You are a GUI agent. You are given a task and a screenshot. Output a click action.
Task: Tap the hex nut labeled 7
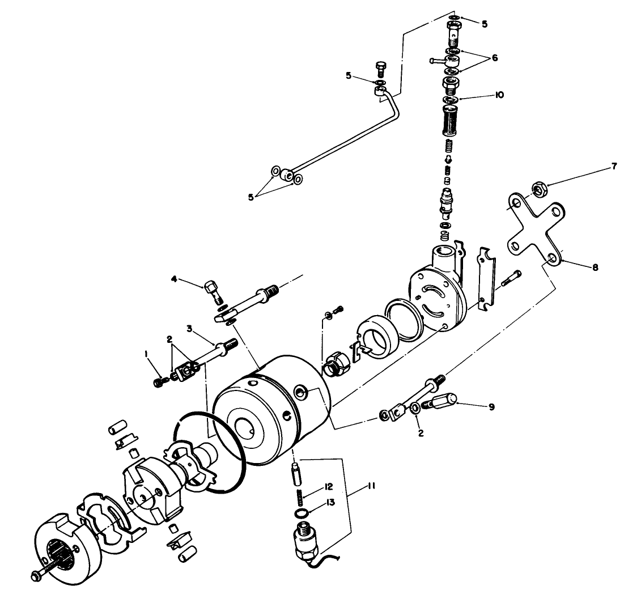[x=540, y=189]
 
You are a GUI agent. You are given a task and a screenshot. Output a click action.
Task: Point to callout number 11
[x=371, y=486]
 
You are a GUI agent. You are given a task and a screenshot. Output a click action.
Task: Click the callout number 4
[x=175, y=278]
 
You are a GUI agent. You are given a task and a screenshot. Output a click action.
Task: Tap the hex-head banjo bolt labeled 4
[x=212, y=288]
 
